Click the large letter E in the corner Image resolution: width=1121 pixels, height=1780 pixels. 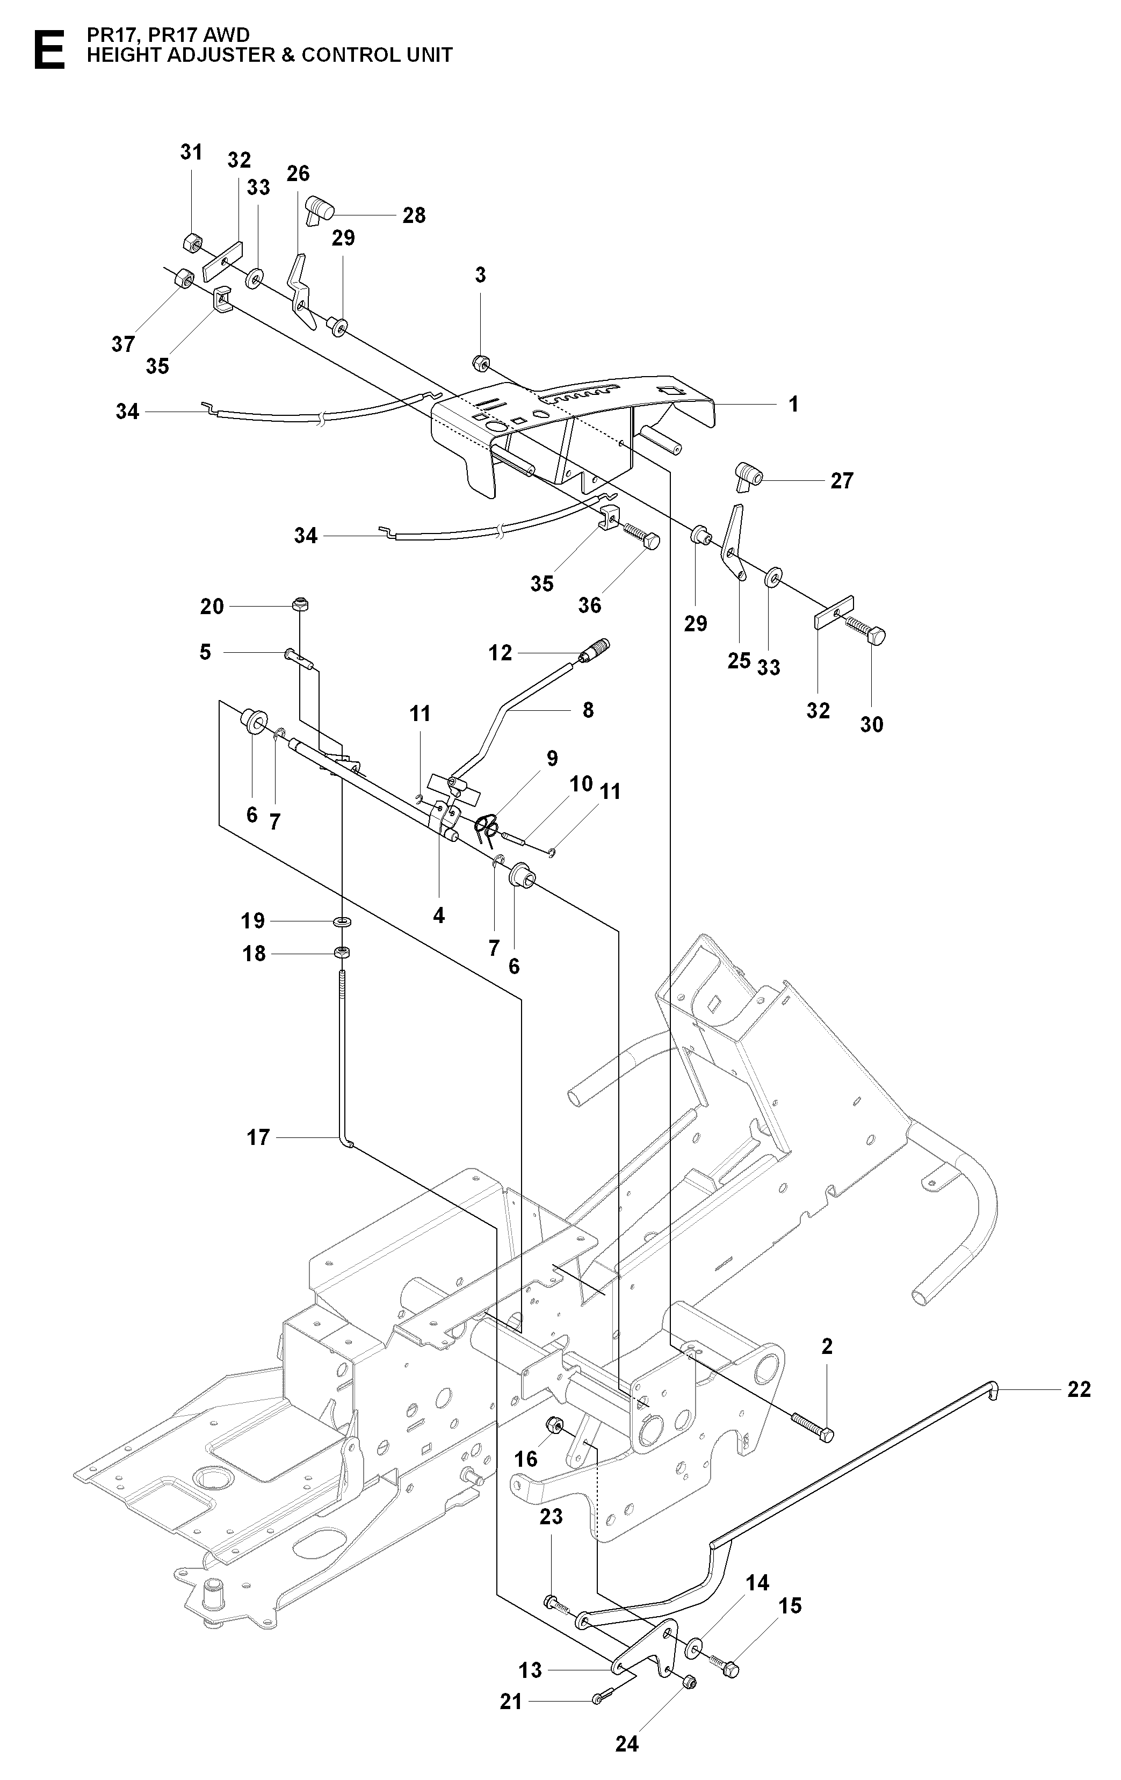tap(49, 51)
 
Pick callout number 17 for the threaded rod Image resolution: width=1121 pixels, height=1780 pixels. tap(258, 1137)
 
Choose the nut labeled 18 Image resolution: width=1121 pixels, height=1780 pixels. tap(342, 953)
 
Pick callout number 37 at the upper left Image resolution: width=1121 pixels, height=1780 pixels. tap(124, 344)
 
